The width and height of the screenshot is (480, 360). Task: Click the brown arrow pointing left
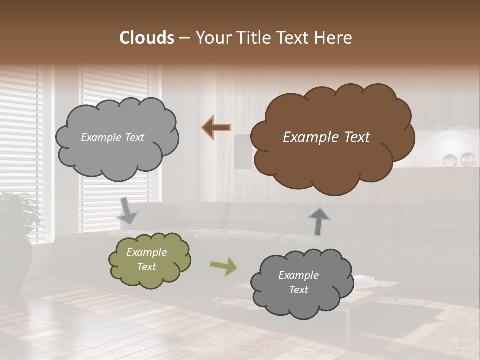216,128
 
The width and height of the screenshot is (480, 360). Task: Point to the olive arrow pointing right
224,266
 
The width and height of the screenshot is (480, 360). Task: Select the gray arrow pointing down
127,210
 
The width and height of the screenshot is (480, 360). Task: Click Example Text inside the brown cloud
326,137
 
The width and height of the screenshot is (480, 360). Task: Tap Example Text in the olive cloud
146,259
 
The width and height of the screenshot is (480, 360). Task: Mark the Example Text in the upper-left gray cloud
112,137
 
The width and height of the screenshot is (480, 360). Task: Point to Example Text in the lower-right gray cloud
298,282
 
